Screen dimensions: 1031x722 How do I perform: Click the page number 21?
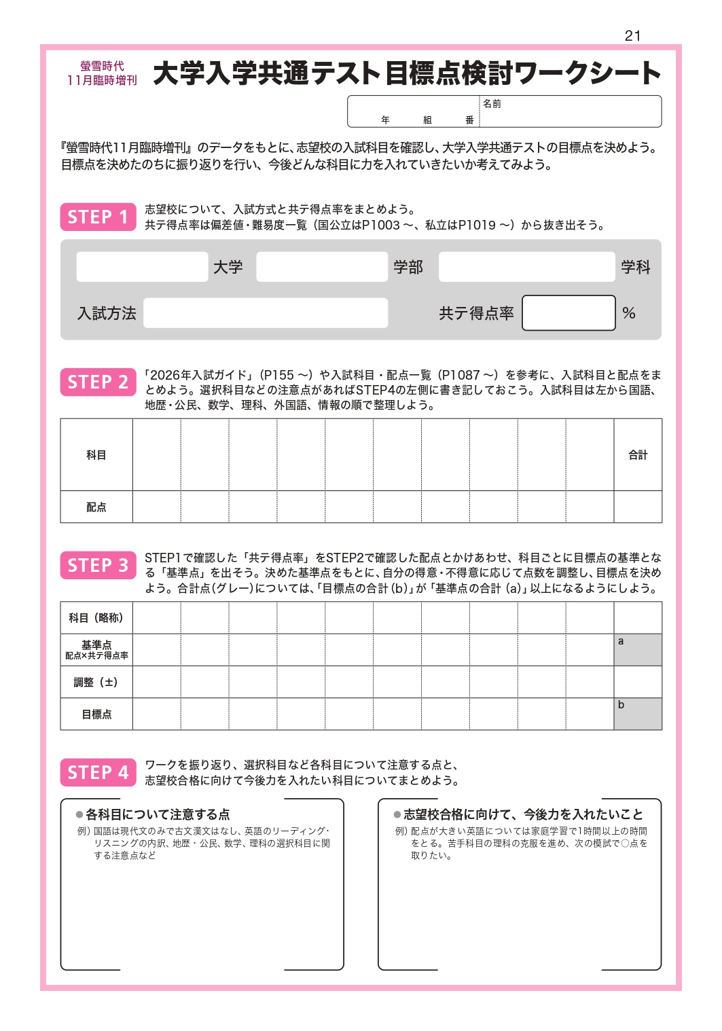[x=632, y=36]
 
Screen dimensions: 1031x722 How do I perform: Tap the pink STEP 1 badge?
[x=98, y=217]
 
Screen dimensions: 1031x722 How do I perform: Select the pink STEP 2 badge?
[x=98, y=382]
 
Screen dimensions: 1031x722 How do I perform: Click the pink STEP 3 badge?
[x=98, y=565]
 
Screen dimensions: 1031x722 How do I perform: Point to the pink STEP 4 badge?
[x=98, y=772]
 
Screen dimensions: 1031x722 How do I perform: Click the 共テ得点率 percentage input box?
[x=568, y=313]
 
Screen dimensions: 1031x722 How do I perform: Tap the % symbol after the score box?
[x=629, y=313]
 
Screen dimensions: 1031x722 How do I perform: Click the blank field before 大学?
[x=142, y=267]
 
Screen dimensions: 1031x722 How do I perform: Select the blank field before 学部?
[x=322, y=267]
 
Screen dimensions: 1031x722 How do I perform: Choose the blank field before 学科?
[x=527, y=267]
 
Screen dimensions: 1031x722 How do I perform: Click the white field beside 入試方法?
[x=266, y=313]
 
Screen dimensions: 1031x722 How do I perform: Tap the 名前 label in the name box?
[x=492, y=104]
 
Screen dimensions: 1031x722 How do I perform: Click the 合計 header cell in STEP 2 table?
[x=638, y=455]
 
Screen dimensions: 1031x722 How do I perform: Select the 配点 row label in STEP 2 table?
[x=96, y=507]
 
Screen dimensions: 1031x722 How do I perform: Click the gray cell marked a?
[x=638, y=650]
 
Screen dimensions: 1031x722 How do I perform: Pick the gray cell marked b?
[x=638, y=714]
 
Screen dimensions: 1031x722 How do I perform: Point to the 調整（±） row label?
[x=96, y=682]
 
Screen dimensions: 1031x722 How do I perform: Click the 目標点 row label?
[x=96, y=715]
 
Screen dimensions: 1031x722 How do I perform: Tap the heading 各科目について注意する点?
[x=158, y=814]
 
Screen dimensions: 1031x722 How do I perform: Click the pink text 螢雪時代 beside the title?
[x=102, y=67]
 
